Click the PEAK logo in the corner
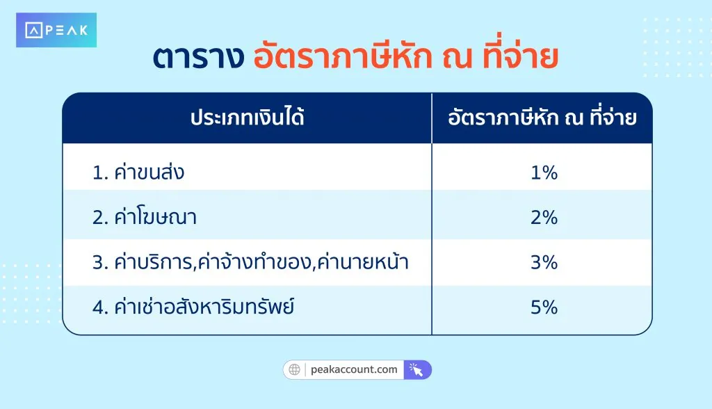pos(56,30)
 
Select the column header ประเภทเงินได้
pos(248,118)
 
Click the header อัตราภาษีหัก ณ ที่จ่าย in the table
pos(542,118)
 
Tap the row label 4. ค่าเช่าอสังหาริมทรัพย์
pos(193,307)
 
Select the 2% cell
pos(544,218)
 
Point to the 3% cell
pos(544,262)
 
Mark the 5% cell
pos(544,307)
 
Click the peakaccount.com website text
pos(355,369)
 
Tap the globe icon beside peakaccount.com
pos(295,369)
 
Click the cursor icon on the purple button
pos(416,369)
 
